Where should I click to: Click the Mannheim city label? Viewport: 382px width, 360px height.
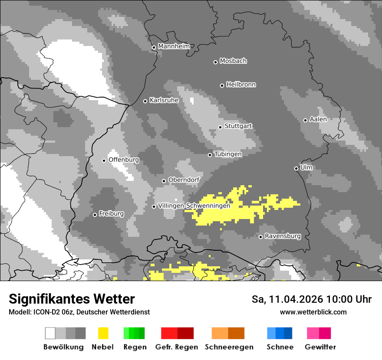174,46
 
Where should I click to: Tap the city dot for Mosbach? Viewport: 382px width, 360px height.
215,62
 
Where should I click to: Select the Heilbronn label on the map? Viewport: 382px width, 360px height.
241,85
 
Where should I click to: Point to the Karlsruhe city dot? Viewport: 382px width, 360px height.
145,101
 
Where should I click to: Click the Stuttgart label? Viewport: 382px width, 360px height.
238,126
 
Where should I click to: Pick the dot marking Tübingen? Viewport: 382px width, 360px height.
210,155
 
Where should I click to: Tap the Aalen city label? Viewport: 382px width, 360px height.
318,119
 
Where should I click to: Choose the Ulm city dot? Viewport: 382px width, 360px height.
296,168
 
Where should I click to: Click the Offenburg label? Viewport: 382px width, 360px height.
124,160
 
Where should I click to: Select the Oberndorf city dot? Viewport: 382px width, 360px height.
164,181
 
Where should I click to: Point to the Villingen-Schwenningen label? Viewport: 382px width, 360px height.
194,206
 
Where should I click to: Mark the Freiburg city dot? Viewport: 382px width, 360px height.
95,215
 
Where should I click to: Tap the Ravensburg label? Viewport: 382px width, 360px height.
283,236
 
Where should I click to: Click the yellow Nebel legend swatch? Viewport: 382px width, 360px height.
103,333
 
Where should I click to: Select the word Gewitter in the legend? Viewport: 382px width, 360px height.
320,347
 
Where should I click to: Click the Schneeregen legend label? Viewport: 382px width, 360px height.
229,347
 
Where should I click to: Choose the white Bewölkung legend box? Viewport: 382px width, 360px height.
50,333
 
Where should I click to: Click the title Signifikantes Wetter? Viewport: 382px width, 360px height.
72,299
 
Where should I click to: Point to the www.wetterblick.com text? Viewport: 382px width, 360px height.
313,312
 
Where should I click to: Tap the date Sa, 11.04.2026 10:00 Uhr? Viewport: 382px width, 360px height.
312,299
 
